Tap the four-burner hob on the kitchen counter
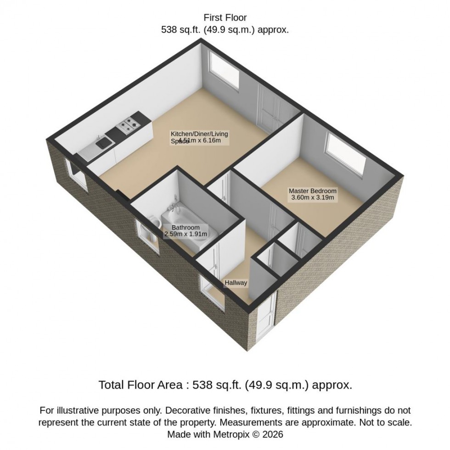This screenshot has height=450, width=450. [x=129, y=123]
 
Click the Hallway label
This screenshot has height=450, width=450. [x=236, y=283]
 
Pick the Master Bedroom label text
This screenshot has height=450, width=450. [x=312, y=191]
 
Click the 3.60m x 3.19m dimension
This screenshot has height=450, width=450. [x=312, y=198]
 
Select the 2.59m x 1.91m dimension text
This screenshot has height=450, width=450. [x=186, y=234]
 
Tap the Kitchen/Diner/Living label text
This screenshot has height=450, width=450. [x=199, y=134]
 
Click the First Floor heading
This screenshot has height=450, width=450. [x=225, y=18]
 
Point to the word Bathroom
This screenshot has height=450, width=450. [x=186, y=228]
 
